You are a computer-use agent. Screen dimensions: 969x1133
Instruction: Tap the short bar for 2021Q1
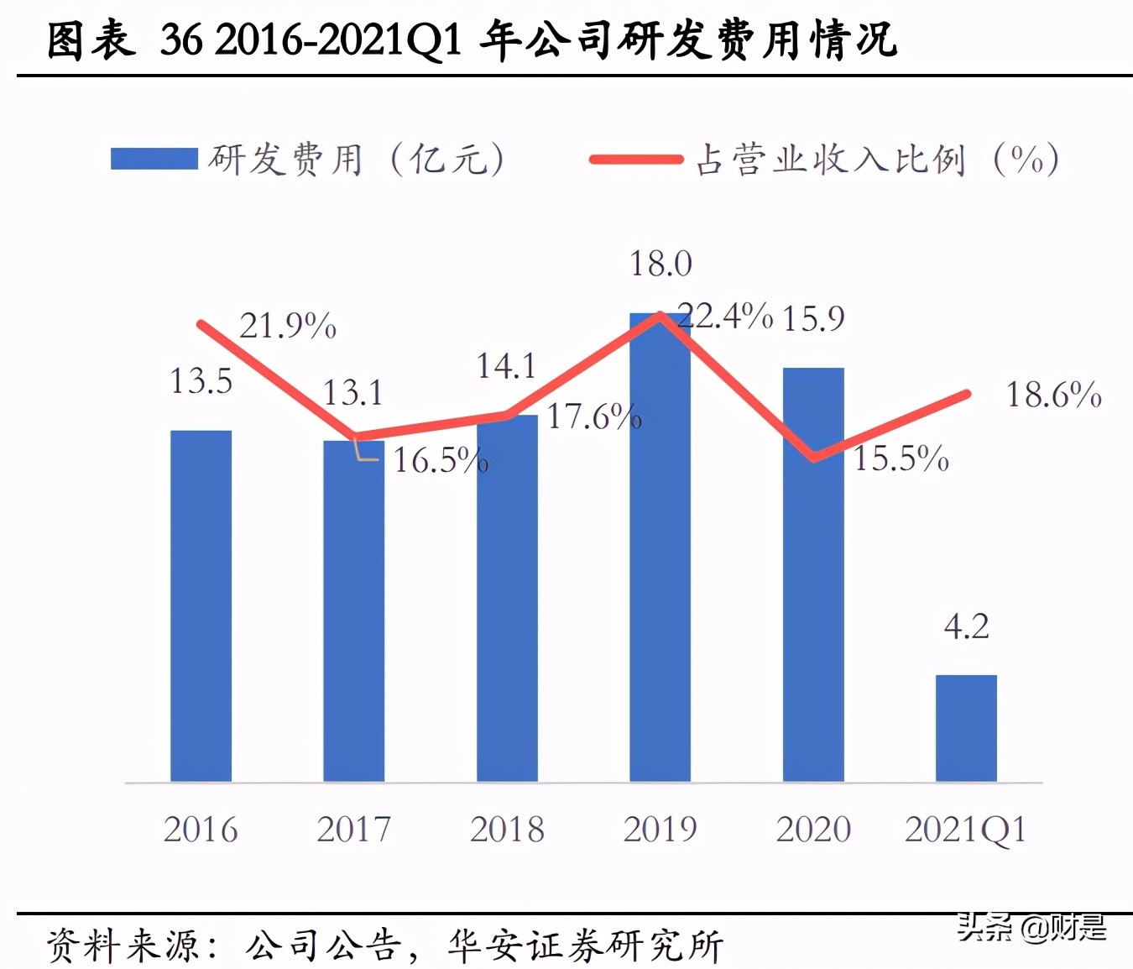[966, 728]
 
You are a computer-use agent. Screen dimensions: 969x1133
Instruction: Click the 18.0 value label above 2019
[660, 265]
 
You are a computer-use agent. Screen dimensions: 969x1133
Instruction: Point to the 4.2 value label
[966, 626]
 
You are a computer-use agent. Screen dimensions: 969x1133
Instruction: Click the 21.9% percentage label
[288, 326]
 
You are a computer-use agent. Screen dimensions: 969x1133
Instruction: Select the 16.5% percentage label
[441, 460]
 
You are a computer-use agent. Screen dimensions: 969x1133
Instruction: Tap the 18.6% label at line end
[1053, 395]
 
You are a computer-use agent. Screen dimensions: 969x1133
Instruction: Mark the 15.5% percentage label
[901, 458]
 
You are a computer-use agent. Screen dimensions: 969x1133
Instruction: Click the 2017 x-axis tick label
[353, 830]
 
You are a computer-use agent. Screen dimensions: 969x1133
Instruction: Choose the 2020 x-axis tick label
[813, 830]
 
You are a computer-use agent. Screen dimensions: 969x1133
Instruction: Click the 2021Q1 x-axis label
[966, 830]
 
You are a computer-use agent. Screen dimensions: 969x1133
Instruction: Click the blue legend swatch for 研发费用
[154, 159]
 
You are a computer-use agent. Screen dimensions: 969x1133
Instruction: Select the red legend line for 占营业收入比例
[635, 159]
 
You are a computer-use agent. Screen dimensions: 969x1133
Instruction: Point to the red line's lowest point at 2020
[813, 458]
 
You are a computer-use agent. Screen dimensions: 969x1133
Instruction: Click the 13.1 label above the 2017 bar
[352, 393]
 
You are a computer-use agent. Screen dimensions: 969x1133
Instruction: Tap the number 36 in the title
[180, 39]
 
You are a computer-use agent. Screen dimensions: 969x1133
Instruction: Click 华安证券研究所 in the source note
[585, 945]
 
